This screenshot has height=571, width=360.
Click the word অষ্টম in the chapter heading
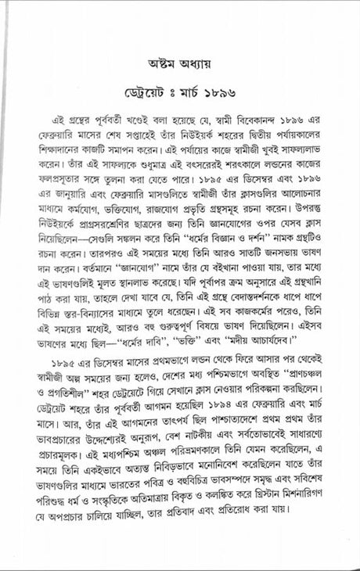pos(157,61)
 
